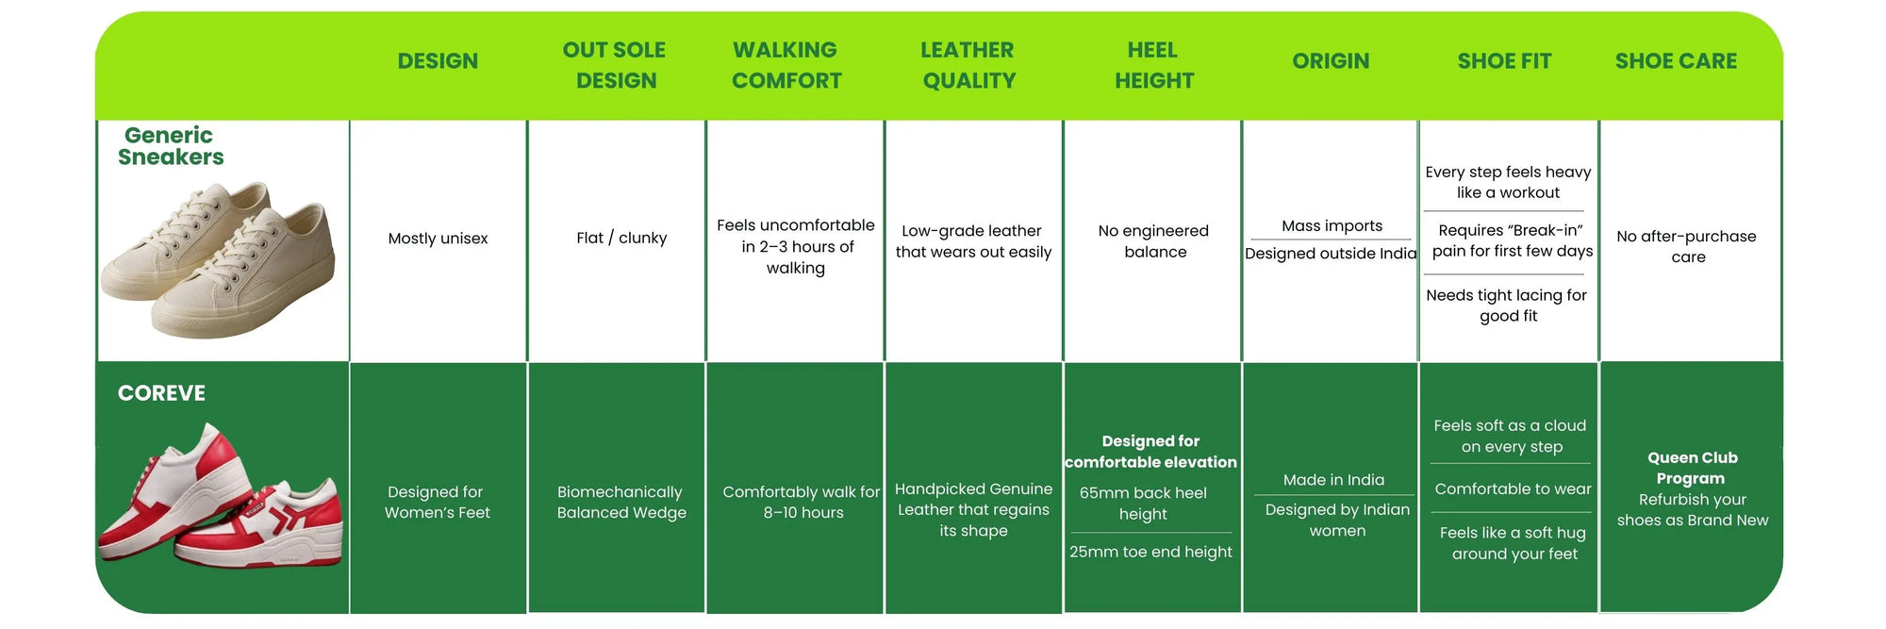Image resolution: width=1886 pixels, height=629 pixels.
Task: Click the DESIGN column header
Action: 438,61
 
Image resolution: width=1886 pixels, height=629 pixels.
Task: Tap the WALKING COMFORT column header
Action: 786,65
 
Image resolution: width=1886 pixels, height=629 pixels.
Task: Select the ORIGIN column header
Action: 1331,61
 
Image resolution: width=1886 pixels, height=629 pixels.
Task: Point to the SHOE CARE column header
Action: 1676,61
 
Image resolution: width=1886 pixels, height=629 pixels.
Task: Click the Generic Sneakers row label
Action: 171,146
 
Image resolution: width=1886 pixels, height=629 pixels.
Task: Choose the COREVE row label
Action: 161,393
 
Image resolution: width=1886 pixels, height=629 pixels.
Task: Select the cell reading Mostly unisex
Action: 438,239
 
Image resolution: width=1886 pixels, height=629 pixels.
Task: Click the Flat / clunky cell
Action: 621,239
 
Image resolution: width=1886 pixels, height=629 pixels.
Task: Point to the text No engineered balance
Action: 1153,241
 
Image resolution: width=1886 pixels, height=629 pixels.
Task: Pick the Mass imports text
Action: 1332,226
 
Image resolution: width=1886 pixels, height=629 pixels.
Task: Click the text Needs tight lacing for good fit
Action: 1507,306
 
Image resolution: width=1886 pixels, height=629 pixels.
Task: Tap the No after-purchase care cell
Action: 1686,246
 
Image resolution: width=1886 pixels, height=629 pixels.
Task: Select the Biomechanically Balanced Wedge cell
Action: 621,503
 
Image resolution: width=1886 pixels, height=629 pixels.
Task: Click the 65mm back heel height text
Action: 1143,504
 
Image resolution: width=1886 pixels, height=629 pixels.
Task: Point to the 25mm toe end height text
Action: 1150,552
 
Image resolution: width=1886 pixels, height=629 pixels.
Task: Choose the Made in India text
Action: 1333,480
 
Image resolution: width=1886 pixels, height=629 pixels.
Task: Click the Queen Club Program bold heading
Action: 1692,468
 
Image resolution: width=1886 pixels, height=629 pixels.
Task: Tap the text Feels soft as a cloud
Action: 1511,437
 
